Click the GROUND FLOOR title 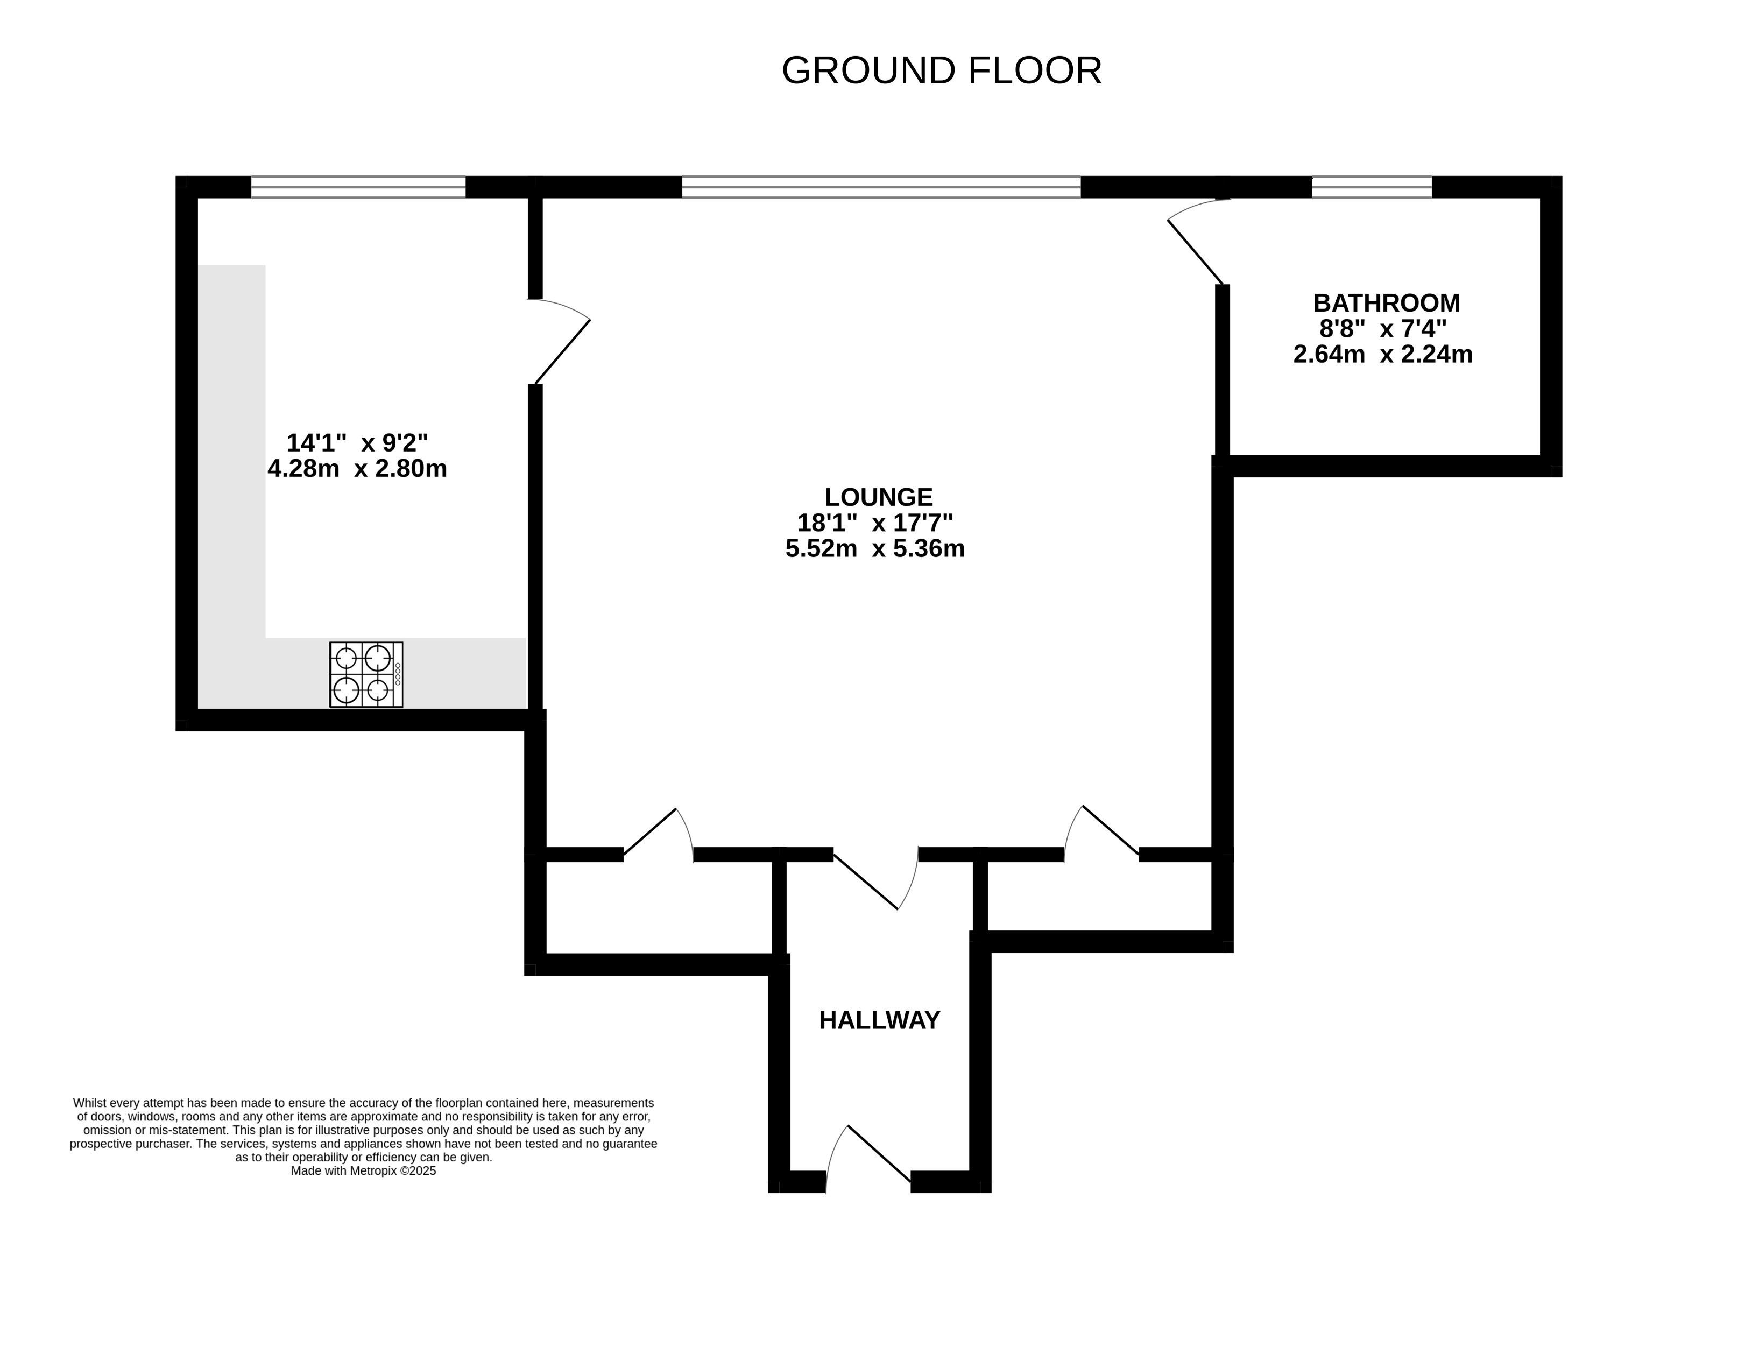pyautogui.click(x=941, y=70)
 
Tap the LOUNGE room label pyautogui.click(x=879, y=497)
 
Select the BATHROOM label pyautogui.click(x=1387, y=303)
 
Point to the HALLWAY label pyautogui.click(x=879, y=1020)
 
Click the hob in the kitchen pyautogui.click(x=366, y=674)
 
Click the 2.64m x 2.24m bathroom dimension pyautogui.click(x=1383, y=354)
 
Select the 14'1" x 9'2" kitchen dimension pyautogui.click(x=357, y=442)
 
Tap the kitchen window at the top pyautogui.click(x=358, y=187)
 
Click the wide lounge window pyautogui.click(x=881, y=187)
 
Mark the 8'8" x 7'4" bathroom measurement pyautogui.click(x=1383, y=328)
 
